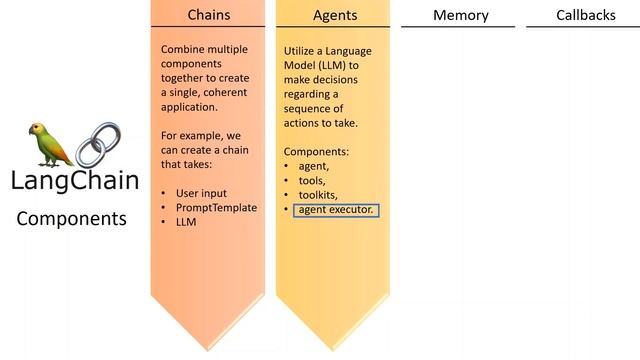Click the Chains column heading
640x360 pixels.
[209, 15]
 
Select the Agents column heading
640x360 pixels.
[335, 16]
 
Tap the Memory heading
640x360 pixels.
[460, 16]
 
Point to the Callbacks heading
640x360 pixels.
[586, 15]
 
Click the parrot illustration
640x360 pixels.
[50, 145]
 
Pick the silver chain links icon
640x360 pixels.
[98, 144]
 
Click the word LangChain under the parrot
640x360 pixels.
[75, 181]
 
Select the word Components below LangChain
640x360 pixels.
[71, 219]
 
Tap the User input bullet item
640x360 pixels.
[201, 193]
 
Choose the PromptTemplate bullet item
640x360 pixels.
[216, 207]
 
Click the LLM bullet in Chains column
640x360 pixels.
[186, 222]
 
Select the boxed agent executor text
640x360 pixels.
[336, 210]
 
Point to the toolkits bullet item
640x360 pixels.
[318, 195]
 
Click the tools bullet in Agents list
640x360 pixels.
[312, 181]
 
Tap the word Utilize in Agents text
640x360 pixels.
[298, 51]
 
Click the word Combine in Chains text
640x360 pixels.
[178, 49]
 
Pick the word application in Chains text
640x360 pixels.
[189, 107]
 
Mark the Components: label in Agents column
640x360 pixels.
[316, 152]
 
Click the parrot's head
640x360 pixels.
[37, 129]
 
